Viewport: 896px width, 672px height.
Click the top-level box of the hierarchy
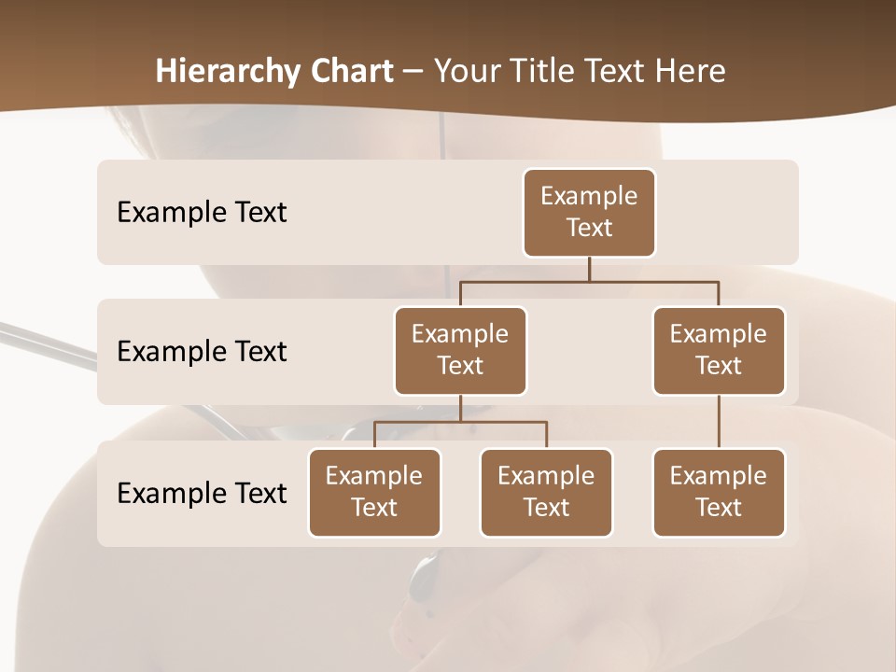coord(589,212)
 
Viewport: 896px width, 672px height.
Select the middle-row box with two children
coord(460,350)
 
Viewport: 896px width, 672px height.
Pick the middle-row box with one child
coord(719,350)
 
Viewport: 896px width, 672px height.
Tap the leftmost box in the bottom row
coord(374,492)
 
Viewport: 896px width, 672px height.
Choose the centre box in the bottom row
coord(546,492)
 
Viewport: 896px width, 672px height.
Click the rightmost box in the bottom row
coord(719,492)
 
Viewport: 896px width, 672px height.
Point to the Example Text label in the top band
coord(202,213)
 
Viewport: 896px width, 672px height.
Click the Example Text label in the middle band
coord(202,352)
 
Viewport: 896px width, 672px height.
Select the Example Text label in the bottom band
coord(202,493)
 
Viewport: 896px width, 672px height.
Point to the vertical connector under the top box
coord(589,269)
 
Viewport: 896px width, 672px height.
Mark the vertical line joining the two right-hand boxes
coord(719,422)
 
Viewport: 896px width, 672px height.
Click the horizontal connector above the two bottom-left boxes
coord(460,422)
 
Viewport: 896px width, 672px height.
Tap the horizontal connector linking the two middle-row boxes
coord(589,281)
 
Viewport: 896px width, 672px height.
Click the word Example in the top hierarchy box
coord(589,196)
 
